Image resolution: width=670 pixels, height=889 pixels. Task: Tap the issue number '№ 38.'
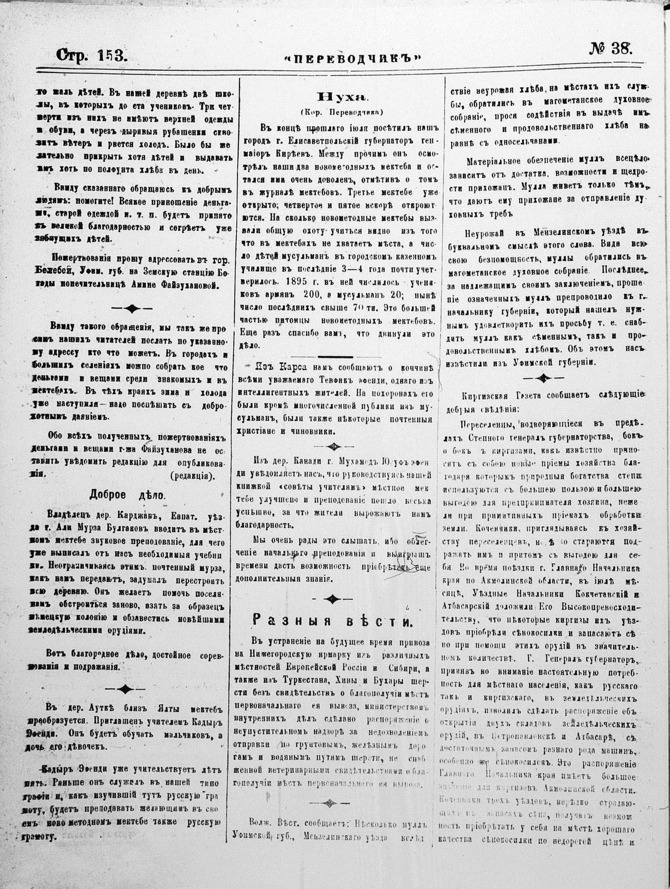tap(610, 49)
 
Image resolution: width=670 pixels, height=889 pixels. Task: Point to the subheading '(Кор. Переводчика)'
tap(342, 112)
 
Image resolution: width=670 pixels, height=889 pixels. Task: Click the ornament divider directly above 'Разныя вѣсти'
tap(331, 599)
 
